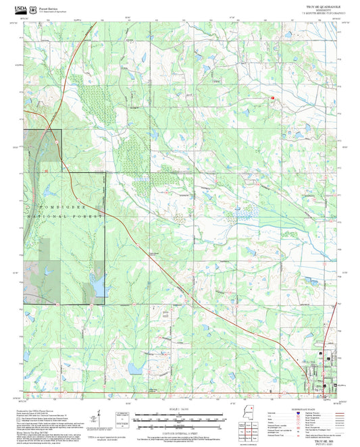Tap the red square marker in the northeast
tap(272, 99)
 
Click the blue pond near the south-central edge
tap(134, 370)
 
